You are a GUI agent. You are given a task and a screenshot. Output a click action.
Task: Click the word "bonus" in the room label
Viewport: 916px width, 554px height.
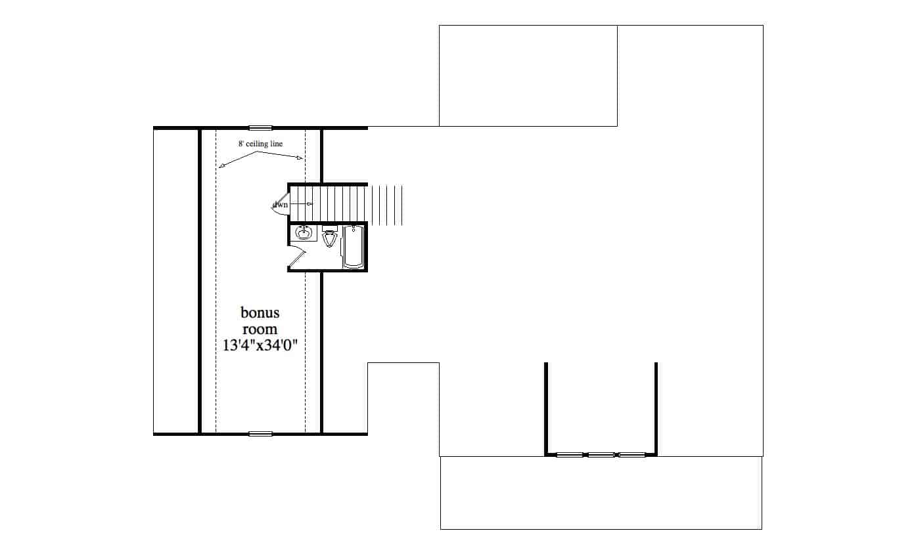(260, 312)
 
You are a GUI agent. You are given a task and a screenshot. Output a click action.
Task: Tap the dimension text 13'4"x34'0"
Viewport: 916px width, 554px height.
(260, 344)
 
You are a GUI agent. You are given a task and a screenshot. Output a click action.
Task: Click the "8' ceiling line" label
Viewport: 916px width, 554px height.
(261, 143)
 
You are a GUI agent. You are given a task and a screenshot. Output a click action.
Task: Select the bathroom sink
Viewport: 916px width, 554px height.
(304, 233)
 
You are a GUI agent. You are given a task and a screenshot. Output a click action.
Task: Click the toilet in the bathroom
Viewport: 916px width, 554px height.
(330, 239)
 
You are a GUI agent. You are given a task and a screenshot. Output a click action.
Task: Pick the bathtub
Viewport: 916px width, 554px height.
(354, 247)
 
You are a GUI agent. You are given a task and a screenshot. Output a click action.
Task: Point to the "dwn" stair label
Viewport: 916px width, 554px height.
(281, 205)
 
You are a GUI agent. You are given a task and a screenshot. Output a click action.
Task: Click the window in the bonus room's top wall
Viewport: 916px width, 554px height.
(260, 127)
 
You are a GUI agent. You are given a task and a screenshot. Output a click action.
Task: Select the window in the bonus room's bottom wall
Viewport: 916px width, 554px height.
(260, 434)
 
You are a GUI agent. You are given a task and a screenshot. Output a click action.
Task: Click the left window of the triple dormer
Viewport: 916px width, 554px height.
(569, 454)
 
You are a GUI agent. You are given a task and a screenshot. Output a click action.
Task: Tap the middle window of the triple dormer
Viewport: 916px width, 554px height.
(601, 454)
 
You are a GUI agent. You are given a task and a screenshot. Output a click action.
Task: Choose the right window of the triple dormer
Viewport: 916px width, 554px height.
(632, 454)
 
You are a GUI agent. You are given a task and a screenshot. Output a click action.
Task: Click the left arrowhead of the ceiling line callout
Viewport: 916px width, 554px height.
(221, 166)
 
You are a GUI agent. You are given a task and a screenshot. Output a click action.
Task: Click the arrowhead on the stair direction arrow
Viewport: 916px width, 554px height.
(309, 204)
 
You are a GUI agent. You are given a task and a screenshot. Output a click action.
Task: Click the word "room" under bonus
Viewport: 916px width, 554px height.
(260, 329)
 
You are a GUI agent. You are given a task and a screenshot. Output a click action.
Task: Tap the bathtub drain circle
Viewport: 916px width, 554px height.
(354, 230)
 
